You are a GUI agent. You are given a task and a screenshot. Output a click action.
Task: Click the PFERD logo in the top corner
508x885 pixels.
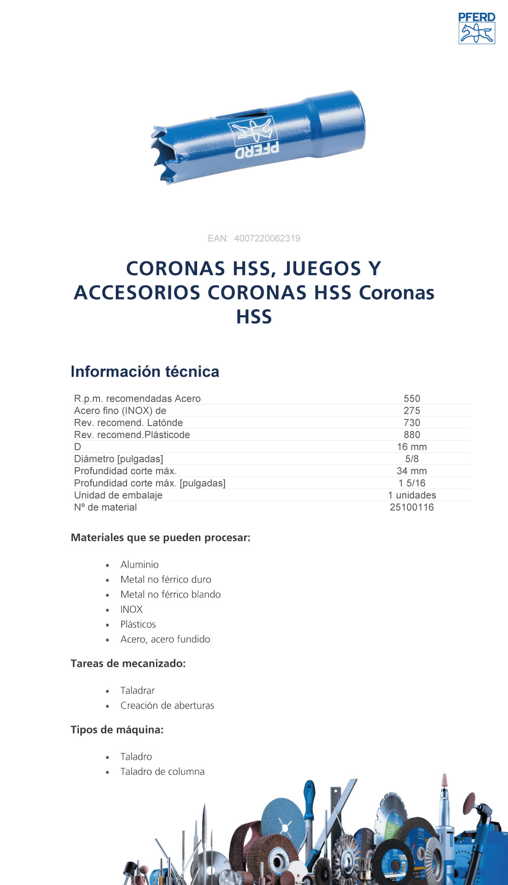coord(477,28)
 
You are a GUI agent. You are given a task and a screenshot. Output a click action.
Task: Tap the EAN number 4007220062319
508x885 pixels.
coord(267,239)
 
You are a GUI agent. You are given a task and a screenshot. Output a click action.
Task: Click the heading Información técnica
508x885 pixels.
coord(145,372)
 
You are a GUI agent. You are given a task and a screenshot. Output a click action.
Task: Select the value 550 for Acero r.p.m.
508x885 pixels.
coord(412,399)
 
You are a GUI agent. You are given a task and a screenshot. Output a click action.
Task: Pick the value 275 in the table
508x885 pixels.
coord(412,411)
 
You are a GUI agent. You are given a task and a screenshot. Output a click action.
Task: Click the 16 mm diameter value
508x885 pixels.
coord(412,447)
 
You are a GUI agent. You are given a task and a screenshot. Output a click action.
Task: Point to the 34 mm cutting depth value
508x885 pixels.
coord(412,471)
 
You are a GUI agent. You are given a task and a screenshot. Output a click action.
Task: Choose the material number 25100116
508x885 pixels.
coord(412,507)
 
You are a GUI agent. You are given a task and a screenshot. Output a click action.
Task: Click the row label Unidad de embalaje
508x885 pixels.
coord(118,495)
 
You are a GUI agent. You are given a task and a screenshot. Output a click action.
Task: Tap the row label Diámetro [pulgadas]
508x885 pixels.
coord(118,459)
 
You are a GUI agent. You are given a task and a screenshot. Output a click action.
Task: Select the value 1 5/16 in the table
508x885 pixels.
coord(412,483)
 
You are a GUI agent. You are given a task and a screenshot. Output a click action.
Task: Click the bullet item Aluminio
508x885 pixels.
coord(140,565)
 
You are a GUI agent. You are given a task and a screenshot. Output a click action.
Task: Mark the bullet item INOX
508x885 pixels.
coord(132,609)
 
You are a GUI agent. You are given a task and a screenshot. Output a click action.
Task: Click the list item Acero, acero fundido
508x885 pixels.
coord(165,639)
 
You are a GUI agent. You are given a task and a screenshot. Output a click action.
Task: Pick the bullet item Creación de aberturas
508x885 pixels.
coord(167,705)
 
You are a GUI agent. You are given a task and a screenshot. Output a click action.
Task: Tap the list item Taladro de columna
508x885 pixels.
coord(163,771)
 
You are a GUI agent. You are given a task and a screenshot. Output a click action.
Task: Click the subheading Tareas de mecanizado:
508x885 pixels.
coord(128,664)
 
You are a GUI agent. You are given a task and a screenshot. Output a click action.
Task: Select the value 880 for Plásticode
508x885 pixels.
coord(412,435)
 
